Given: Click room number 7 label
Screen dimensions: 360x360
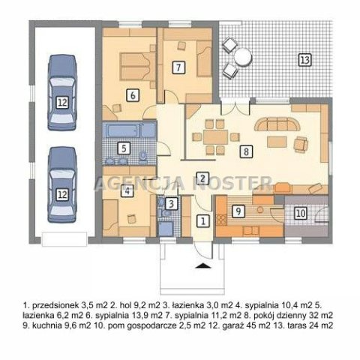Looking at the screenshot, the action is click(178, 67).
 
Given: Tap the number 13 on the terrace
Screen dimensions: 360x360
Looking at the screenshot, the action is click(305, 60).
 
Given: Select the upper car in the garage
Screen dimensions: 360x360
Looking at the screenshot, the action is click(62, 92).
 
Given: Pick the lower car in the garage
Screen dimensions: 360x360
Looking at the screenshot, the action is click(62, 184).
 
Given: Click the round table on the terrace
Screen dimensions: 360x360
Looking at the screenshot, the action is click(242, 57).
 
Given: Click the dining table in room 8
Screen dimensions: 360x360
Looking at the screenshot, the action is click(215, 137).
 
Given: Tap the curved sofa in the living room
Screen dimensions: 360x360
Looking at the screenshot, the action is click(277, 124).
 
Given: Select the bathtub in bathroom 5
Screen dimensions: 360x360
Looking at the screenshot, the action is click(122, 130).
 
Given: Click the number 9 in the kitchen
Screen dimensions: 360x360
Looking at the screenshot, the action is click(238, 211).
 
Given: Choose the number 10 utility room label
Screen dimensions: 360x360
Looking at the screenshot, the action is click(300, 213).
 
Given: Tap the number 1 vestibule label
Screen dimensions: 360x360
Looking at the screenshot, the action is click(203, 220).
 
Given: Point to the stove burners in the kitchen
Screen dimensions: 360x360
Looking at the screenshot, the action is click(221, 220).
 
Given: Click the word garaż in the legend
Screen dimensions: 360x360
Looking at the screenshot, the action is click(232, 325).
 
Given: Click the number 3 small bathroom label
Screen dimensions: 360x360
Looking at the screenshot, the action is click(171, 203).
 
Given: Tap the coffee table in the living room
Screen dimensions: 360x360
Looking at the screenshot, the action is click(277, 142).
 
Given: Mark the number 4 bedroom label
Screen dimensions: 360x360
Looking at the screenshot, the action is click(127, 191).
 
